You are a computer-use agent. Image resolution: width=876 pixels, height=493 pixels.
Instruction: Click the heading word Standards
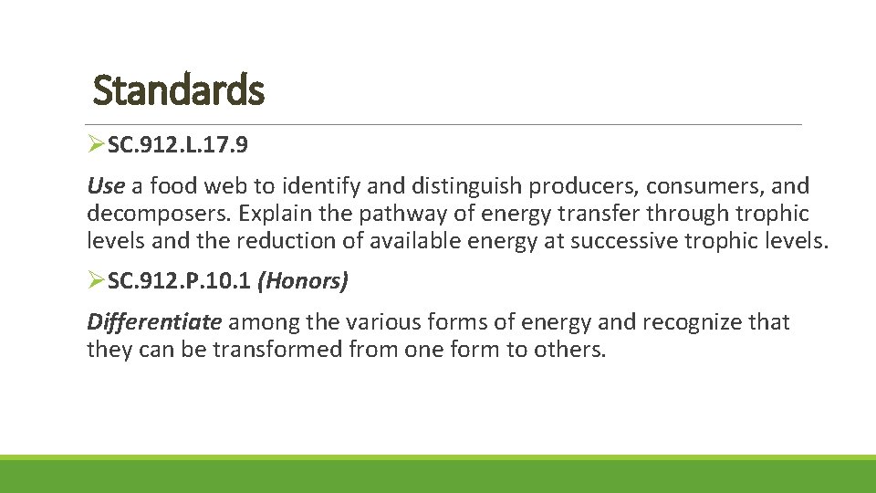point(179,90)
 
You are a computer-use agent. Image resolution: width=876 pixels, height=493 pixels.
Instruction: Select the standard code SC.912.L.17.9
point(175,143)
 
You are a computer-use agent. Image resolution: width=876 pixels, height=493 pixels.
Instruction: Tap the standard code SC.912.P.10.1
point(180,282)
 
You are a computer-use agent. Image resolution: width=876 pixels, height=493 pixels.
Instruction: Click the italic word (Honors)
point(303,282)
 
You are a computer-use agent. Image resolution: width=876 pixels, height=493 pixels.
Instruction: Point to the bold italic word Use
point(105,186)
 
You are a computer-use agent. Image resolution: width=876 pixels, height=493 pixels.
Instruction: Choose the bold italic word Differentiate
point(154,321)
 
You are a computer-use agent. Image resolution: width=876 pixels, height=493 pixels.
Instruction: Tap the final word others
point(571,349)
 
